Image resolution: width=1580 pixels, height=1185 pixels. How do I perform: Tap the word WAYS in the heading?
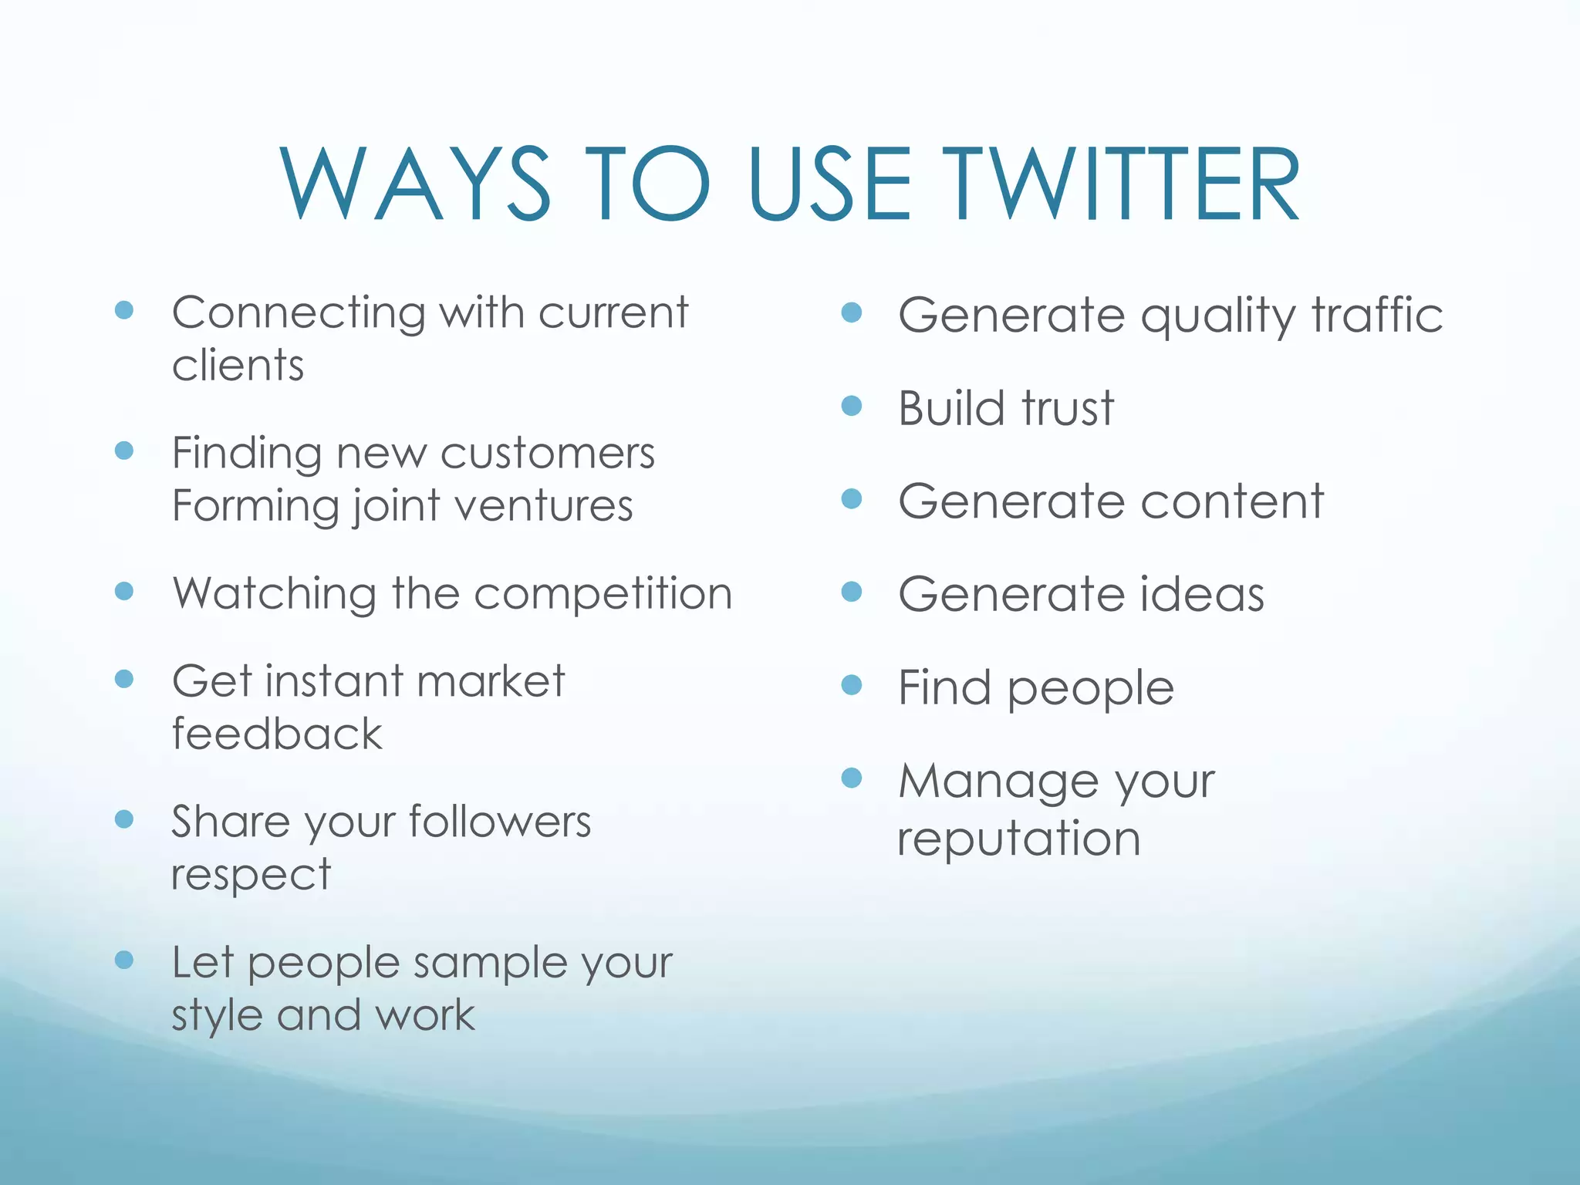click(415, 185)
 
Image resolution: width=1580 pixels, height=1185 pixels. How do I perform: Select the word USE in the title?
click(829, 185)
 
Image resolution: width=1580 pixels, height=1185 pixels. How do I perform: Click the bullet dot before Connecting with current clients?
click(124, 310)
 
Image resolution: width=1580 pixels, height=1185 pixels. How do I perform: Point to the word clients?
click(238, 365)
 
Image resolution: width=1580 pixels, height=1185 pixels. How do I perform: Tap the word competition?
click(603, 594)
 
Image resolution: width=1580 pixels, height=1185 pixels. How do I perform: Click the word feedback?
click(276, 734)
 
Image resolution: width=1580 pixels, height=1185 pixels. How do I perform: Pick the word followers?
click(500, 822)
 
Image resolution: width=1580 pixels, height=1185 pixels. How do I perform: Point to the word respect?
click(251, 875)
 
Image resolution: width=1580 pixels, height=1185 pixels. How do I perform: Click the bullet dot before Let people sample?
click(124, 960)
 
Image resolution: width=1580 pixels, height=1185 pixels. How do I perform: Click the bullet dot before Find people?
click(851, 684)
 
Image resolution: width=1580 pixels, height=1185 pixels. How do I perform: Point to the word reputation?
click(1018, 839)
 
